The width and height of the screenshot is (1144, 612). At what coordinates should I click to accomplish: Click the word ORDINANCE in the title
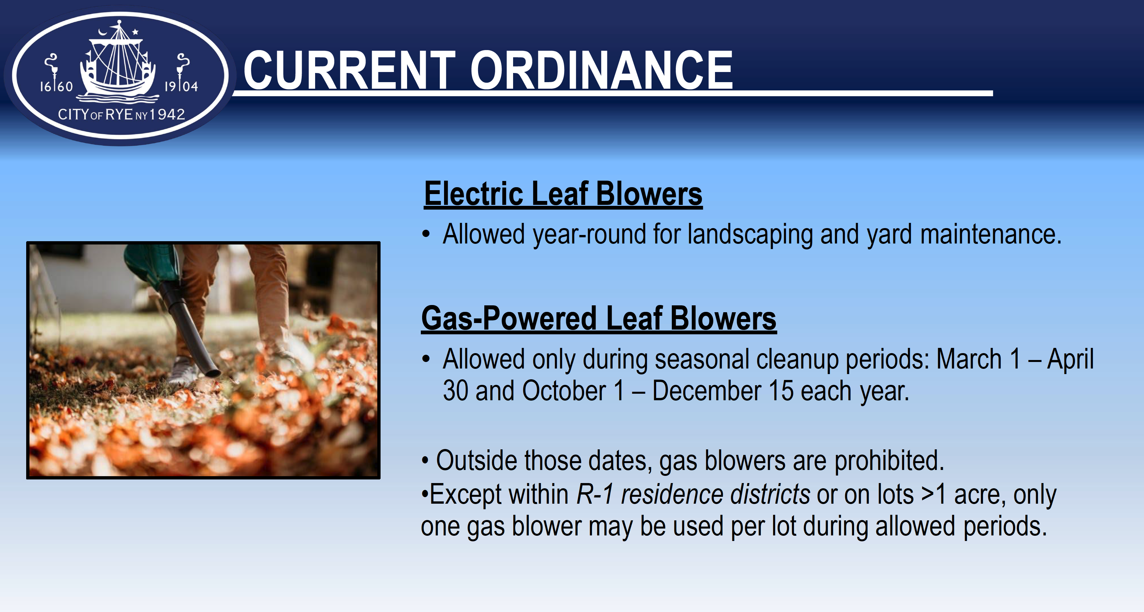coord(602,70)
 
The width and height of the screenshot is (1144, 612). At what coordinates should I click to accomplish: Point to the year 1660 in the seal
coord(56,86)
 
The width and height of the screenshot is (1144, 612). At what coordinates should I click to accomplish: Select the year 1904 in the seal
coord(181,86)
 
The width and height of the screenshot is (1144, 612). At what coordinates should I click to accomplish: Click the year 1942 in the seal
coord(167,115)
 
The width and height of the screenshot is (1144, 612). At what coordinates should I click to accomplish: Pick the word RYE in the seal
coord(118,115)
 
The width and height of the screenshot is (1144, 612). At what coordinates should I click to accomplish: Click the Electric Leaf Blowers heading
coord(563,194)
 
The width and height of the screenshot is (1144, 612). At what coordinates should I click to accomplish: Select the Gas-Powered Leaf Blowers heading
coord(599,319)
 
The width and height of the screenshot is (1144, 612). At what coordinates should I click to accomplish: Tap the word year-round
coord(589,235)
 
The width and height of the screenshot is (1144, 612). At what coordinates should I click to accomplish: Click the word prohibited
coord(889,460)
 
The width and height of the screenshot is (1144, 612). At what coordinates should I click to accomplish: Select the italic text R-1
coord(595,494)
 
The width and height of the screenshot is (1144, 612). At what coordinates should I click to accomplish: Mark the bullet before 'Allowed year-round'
coord(426,235)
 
